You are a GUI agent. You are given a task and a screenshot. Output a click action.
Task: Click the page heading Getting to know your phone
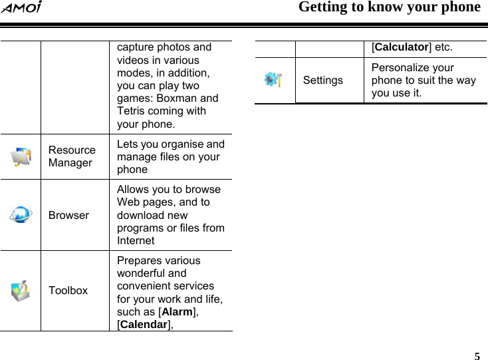[389, 8]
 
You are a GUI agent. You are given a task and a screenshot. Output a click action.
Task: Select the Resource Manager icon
[21, 156]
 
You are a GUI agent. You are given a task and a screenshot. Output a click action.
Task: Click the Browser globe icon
[21, 215]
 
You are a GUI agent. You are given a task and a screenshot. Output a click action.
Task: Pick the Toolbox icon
[21, 290]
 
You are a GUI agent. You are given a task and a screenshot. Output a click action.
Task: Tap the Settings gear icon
[273, 80]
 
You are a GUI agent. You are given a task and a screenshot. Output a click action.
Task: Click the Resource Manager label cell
[72, 156]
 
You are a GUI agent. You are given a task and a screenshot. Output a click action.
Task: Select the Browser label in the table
[68, 216]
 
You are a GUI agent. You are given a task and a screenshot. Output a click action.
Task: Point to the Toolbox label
[68, 291]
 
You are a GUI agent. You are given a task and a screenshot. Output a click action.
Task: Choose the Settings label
[323, 81]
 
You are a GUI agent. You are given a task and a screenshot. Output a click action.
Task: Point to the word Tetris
[132, 111]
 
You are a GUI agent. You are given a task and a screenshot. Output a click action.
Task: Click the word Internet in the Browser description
[136, 240]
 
